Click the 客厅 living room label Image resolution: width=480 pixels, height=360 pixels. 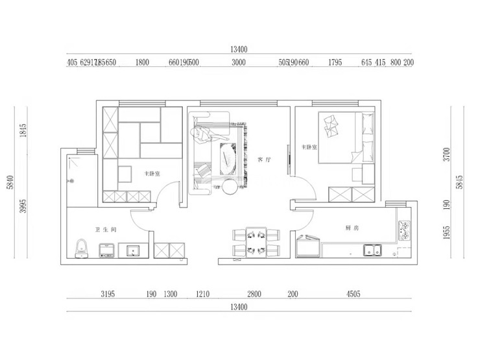pyautogui.click(x=263, y=158)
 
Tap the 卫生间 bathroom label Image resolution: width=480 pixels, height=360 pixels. pyautogui.click(x=105, y=230)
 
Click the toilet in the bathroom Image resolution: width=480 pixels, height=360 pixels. pyautogui.click(x=81, y=249)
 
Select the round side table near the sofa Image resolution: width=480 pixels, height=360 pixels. pyautogui.click(x=230, y=188)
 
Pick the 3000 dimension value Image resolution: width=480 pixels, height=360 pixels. pyautogui.click(x=239, y=63)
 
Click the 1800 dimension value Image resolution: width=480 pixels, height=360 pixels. pyautogui.click(x=143, y=63)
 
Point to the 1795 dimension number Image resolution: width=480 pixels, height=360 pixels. pyautogui.click(x=335, y=63)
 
